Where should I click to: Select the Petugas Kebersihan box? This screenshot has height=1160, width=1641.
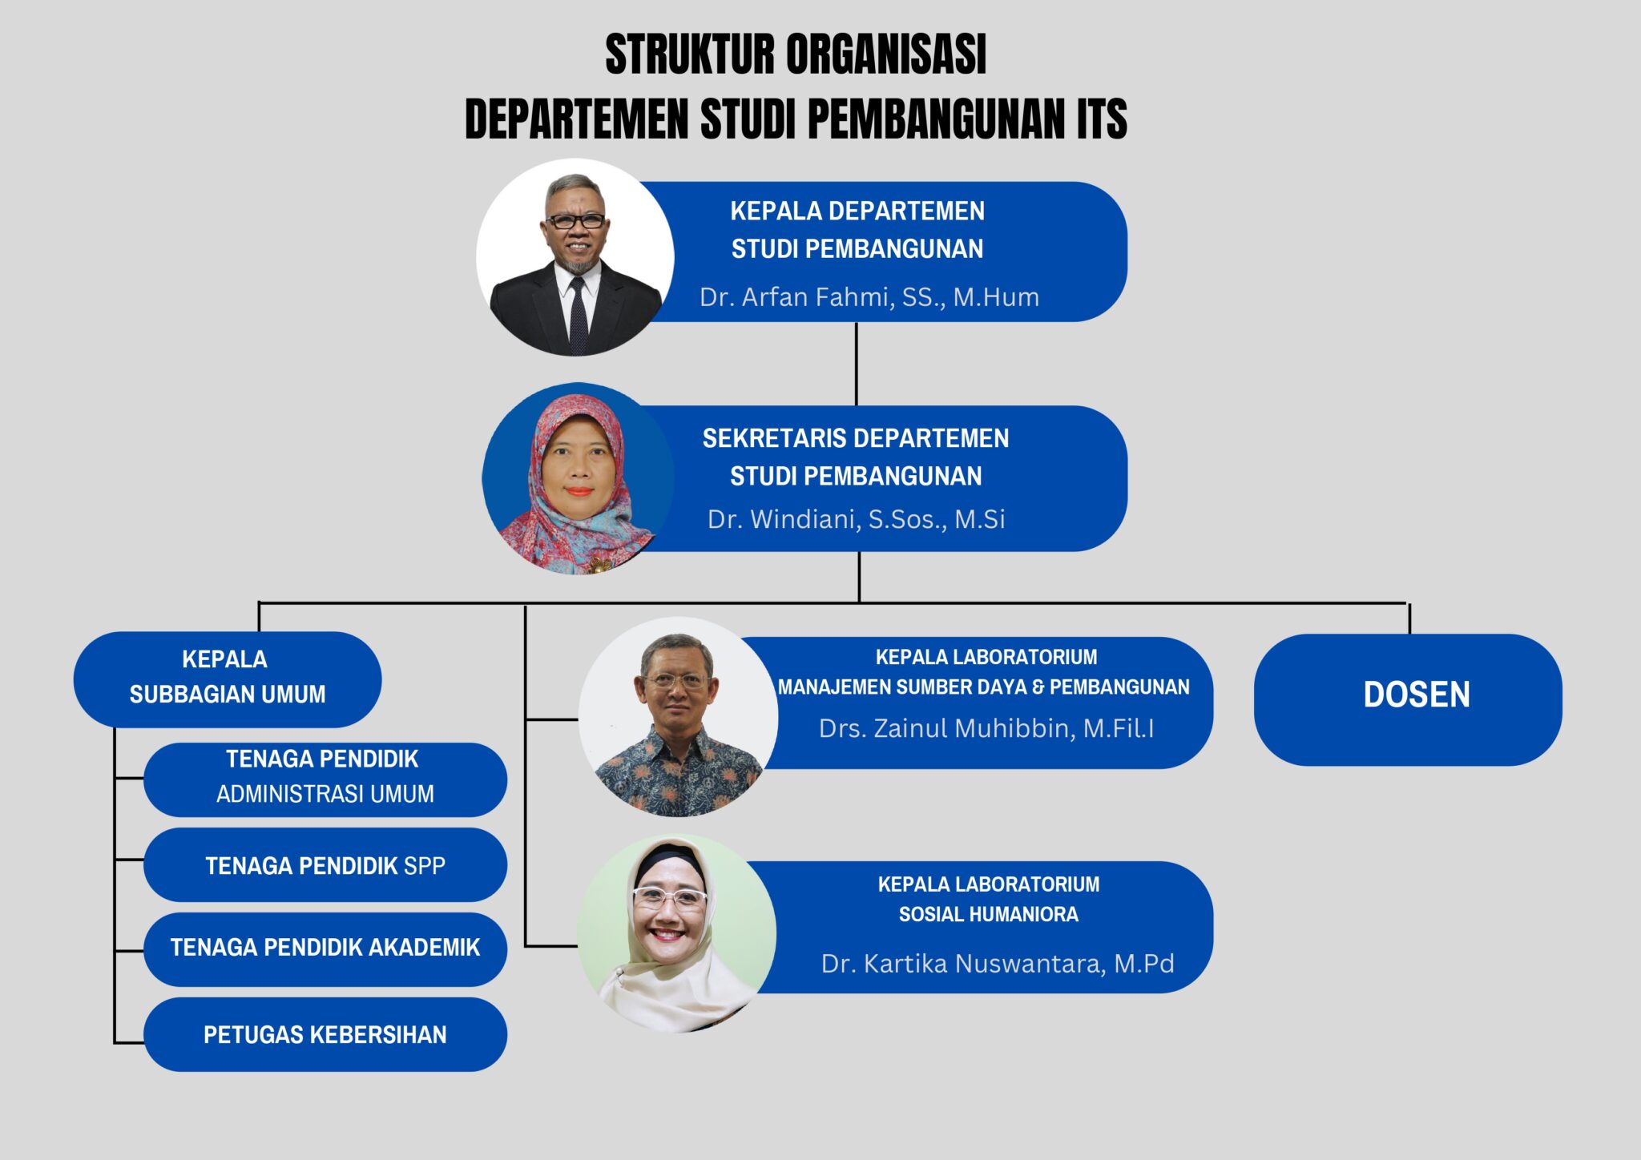[x=325, y=1034]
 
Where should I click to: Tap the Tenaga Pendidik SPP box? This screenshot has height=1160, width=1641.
[x=325, y=865]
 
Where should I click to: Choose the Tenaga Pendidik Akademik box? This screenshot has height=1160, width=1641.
[x=325, y=949]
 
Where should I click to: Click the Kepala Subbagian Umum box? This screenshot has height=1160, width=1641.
[x=227, y=678]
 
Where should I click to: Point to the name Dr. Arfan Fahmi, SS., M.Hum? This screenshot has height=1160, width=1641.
[x=869, y=297]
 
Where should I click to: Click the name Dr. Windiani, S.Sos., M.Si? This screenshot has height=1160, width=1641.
[x=856, y=519]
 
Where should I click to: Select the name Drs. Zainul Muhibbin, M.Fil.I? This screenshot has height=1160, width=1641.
[x=986, y=728]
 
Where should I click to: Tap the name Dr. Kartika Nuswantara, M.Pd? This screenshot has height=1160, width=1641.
[x=997, y=963]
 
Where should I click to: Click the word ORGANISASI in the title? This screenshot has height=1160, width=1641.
[x=885, y=54]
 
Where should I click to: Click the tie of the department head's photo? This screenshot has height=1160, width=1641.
[x=577, y=316]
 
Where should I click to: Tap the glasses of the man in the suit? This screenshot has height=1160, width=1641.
[x=575, y=220]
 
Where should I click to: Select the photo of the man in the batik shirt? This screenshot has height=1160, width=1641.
[x=678, y=717]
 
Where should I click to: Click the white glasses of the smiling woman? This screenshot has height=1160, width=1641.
[x=670, y=897]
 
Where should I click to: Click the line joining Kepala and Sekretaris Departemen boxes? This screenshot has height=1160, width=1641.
[x=856, y=364]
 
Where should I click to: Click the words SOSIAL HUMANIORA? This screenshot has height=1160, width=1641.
[x=988, y=914]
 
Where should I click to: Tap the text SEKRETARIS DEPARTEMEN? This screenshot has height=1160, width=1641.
[x=855, y=438]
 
